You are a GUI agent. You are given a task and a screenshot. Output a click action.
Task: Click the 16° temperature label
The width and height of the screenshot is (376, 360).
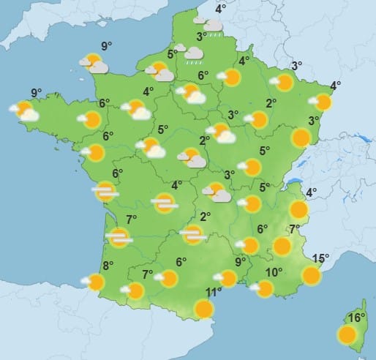(x=356, y=318)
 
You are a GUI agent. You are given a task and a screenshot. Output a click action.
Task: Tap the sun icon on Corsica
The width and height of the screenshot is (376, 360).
(x=348, y=335)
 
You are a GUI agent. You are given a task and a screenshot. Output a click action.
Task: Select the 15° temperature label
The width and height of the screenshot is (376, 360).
(x=320, y=258)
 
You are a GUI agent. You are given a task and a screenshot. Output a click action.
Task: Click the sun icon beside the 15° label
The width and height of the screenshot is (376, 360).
(x=312, y=275)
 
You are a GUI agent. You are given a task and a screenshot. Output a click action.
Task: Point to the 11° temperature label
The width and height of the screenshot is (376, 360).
(x=214, y=292)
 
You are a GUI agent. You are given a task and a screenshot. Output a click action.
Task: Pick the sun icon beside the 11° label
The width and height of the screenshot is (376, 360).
(x=205, y=309)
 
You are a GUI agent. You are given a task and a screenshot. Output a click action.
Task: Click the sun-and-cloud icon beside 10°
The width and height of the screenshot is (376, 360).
(x=263, y=289)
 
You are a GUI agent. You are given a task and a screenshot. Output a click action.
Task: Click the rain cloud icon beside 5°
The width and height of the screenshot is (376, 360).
(x=193, y=54)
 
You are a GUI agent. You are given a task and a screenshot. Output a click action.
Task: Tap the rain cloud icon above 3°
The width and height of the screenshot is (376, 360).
(x=213, y=26)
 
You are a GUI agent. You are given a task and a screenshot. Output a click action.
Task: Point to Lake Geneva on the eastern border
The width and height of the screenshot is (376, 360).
(x=292, y=180)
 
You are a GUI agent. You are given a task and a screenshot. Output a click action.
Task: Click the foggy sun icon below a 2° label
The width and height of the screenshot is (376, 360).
(x=193, y=234)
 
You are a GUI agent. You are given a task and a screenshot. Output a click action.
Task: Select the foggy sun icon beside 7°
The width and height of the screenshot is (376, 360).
(x=119, y=236)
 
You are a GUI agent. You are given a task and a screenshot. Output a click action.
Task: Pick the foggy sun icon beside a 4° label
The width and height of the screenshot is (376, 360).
(x=164, y=203)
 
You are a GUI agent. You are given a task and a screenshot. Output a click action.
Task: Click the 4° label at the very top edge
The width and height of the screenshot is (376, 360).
(x=220, y=9)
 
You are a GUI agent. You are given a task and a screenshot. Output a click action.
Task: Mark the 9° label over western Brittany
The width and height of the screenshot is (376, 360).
(x=36, y=93)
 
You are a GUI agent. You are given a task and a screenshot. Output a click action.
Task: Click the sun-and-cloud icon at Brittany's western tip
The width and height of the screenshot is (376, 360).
(x=25, y=111)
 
